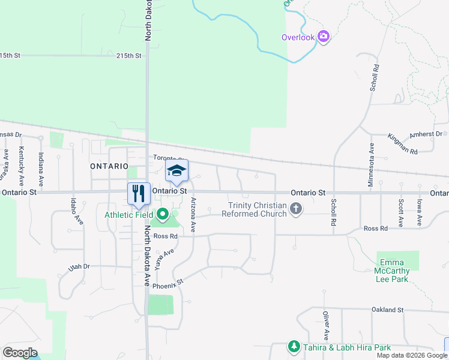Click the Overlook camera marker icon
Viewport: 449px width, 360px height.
tap(324, 37)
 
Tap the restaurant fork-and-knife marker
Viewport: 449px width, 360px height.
tap(139, 193)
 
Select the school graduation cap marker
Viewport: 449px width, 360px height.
tap(176, 170)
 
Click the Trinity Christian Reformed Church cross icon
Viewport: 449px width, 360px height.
tap(295, 209)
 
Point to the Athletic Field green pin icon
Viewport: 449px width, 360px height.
tap(163, 214)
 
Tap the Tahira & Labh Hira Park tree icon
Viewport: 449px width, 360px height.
tap(294, 347)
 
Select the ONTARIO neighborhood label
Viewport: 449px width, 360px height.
tap(109, 166)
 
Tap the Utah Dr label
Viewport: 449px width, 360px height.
tap(79, 266)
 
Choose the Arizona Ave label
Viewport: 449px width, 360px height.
tap(193, 215)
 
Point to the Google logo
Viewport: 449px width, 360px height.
tap(20, 353)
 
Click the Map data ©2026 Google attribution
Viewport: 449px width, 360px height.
tap(412, 355)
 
